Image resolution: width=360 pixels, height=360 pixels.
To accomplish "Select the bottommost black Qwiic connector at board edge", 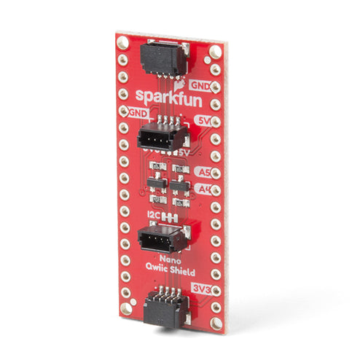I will click(164, 307).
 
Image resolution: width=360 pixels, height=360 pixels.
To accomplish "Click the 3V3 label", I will click(202, 289).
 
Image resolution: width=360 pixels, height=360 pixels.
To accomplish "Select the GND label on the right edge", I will click(200, 86).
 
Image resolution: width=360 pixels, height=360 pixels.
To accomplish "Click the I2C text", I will click(152, 216).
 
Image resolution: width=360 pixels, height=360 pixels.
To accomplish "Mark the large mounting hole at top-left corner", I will click(123, 44).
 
